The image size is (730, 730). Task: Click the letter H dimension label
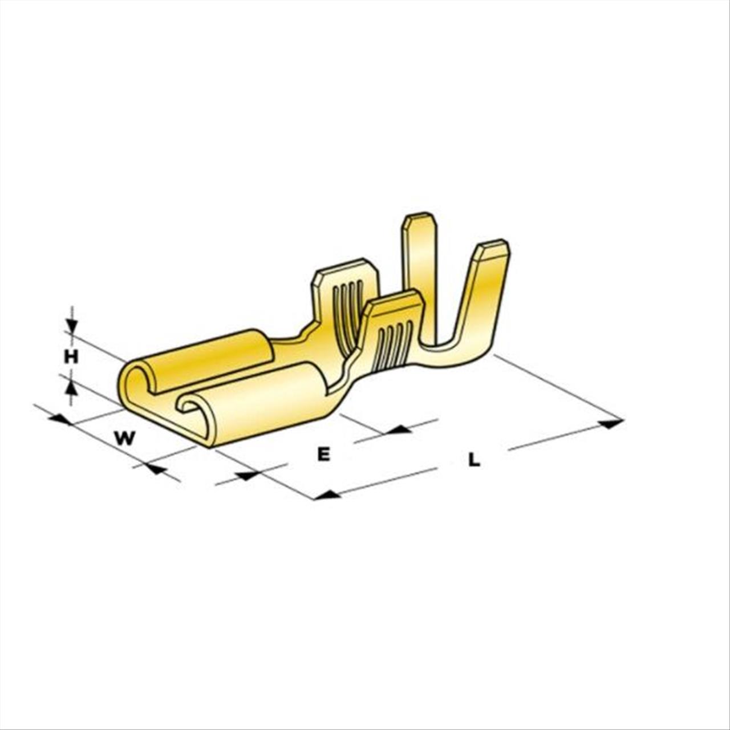(71, 356)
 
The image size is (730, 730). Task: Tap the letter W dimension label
(125, 439)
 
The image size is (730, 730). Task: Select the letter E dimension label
(323, 454)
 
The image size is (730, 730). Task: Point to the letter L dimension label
(474, 460)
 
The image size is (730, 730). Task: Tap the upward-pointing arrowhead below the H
(72, 388)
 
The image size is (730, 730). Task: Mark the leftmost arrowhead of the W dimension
(59, 419)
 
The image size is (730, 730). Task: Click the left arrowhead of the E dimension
(246, 475)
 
